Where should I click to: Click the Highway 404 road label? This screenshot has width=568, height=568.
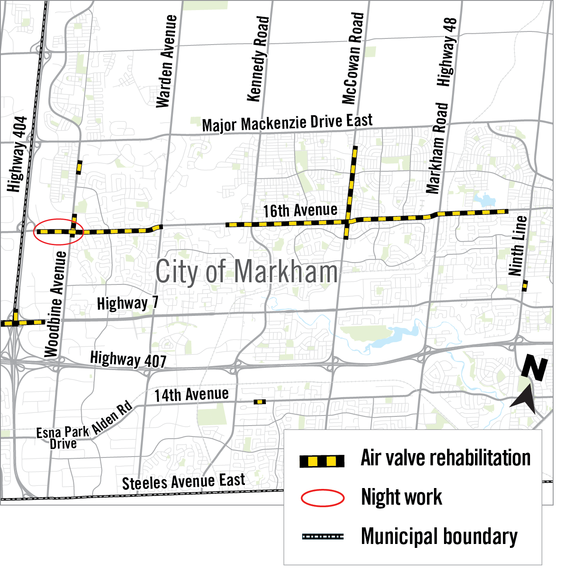(x=18, y=154)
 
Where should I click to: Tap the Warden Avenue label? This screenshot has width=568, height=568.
(x=166, y=61)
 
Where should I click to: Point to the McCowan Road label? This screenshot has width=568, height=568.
(x=353, y=59)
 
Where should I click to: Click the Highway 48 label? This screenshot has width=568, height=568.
(x=447, y=52)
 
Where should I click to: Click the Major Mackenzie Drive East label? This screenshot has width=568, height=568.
(x=287, y=123)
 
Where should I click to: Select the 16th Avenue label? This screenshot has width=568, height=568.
(x=300, y=211)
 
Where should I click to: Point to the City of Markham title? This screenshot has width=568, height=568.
(x=247, y=272)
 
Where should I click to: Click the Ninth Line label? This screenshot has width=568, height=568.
(x=518, y=245)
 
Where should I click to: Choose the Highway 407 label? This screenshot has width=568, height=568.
(x=128, y=360)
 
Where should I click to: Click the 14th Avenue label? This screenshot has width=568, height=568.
(x=191, y=395)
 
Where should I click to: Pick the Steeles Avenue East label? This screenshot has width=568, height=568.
(x=183, y=482)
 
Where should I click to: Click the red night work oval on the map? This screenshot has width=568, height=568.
(x=58, y=232)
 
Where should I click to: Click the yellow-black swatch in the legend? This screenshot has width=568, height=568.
(x=322, y=461)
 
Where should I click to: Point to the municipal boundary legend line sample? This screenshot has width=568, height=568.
(x=323, y=537)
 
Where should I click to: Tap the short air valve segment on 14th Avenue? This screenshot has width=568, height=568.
(x=259, y=402)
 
